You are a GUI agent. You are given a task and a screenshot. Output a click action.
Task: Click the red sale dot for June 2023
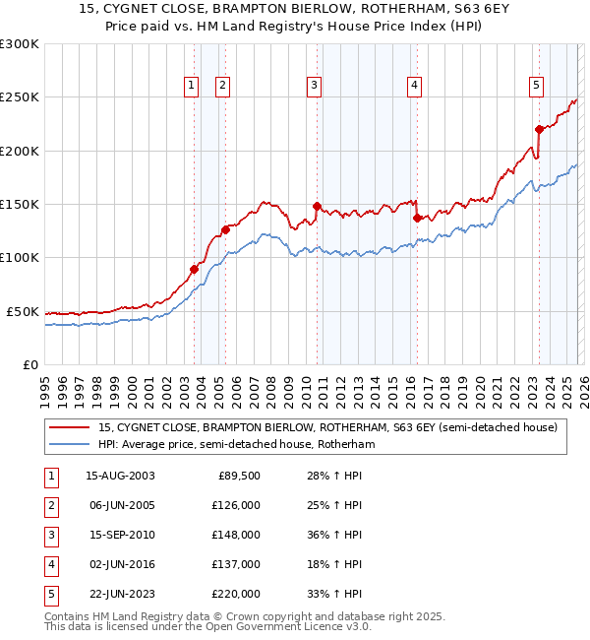pyautogui.click(x=539, y=129)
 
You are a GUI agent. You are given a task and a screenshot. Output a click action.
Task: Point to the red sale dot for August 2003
pyautogui.click(x=195, y=269)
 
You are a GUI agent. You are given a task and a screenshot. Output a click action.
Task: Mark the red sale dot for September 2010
pyautogui.click(x=317, y=207)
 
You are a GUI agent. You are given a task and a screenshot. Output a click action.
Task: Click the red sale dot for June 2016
pyautogui.click(x=417, y=219)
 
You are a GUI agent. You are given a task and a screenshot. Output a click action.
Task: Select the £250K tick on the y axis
pyautogui.click(x=20, y=97)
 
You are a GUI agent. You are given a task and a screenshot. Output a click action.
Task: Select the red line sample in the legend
pyautogui.click(x=71, y=427)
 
